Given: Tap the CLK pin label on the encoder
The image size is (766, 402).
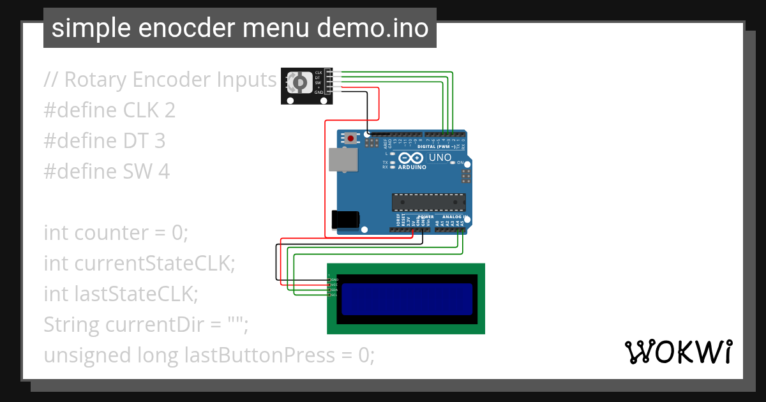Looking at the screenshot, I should [x=318, y=73].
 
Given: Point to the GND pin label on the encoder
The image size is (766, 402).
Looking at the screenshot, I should [x=318, y=92].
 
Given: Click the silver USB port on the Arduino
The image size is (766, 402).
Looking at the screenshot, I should [x=343, y=160].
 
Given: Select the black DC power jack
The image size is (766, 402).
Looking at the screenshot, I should [x=345, y=219].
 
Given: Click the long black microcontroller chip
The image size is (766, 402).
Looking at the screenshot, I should [x=427, y=202].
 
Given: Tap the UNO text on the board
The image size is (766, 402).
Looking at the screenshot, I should [x=440, y=158].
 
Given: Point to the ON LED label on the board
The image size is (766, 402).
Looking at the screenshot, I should [x=460, y=163].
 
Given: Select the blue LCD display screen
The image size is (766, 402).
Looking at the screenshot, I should [x=407, y=299].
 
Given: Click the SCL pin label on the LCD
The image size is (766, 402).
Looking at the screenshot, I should [x=334, y=295].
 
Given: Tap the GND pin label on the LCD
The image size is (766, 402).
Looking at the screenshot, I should [x=334, y=279].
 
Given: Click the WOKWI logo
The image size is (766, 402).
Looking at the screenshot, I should [x=679, y=352].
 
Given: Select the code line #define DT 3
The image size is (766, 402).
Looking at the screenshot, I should [x=105, y=141].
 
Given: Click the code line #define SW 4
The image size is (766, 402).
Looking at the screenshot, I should [x=107, y=172].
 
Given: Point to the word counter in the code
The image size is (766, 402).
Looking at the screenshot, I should [x=110, y=233].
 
